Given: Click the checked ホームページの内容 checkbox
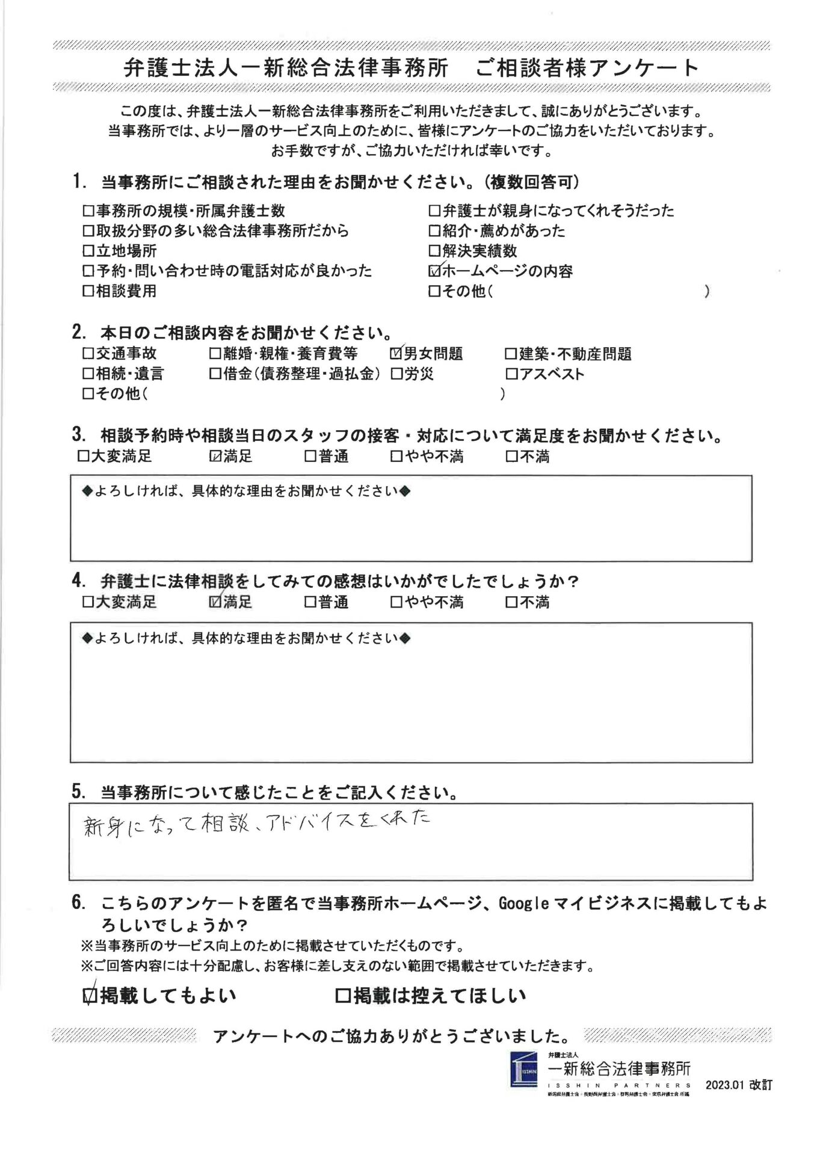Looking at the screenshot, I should [434, 271].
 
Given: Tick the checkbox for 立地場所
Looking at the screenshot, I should [88, 251].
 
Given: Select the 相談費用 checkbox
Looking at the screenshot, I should [88, 291].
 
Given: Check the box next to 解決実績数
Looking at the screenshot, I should [434, 251].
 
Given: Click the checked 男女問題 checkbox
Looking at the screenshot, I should [396, 354].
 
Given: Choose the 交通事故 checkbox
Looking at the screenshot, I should [88, 354].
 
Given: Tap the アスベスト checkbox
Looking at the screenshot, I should [511, 374].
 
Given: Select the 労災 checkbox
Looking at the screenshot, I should [396, 374].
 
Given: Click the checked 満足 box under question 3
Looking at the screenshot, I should [215, 457].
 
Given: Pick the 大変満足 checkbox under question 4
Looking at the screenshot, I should [88, 602].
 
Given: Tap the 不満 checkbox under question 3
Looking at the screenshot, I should [511, 457].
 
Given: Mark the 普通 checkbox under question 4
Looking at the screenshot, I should [310, 602].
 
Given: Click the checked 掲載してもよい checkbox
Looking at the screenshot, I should [90, 996].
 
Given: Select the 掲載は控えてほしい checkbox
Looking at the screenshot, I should [342, 996].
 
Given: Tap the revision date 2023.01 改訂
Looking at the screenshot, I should [738, 1086].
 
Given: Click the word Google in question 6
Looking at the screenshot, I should [524, 904].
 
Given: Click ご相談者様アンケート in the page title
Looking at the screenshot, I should [587, 68].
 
